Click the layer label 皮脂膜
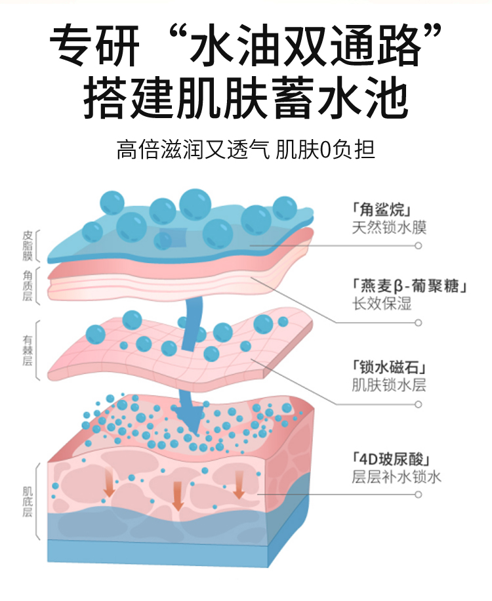(x=28, y=245)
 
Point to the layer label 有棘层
(x=28, y=350)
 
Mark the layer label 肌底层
(x=28, y=501)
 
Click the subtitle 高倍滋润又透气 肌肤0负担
(x=245, y=150)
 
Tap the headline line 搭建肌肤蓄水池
(x=245, y=98)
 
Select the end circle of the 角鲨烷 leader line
(x=418, y=245)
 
